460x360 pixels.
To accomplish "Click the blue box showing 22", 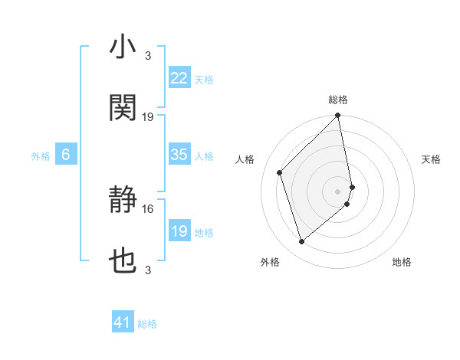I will click(x=179, y=78).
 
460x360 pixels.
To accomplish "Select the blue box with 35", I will click(x=179, y=155).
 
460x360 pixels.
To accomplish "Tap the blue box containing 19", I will click(x=179, y=231).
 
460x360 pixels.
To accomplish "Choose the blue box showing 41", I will click(x=123, y=323).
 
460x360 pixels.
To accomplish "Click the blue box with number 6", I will click(x=66, y=155).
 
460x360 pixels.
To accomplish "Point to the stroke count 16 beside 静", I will click(x=148, y=208).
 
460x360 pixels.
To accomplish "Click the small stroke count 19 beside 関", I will click(x=148, y=116).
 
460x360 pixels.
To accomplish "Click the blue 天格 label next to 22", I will click(x=204, y=79).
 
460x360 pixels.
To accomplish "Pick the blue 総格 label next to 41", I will click(x=147, y=324).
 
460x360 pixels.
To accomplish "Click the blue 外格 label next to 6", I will click(x=41, y=155).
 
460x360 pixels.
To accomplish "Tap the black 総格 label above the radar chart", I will click(x=338, y=100).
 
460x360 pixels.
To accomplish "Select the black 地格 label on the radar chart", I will click(x=402, y=262).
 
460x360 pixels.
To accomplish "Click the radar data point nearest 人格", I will click(x=280, y=172).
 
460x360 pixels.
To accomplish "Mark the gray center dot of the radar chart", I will click(x=338, y=191).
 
